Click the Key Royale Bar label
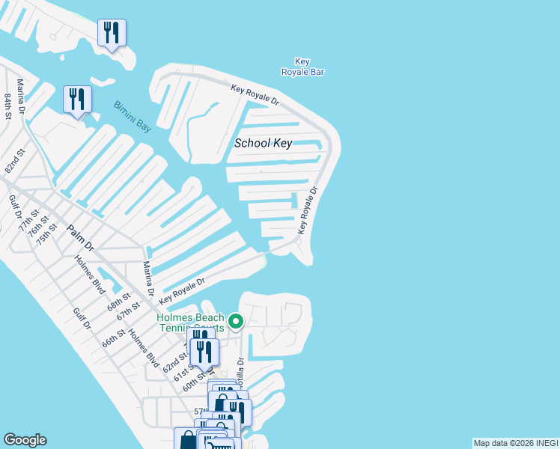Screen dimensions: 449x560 [302, 67]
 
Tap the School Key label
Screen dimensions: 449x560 [263, 144]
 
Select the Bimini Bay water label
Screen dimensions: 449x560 [133, 117]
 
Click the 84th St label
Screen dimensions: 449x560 [8, 106]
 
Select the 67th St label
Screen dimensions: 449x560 [128, 311]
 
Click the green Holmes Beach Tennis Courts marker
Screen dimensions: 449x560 [236, 322]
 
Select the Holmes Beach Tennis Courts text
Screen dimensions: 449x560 [190, 323]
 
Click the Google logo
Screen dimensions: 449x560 [25, 440]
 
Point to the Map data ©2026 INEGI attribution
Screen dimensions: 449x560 [514, 443]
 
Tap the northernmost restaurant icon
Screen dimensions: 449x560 [112, 33]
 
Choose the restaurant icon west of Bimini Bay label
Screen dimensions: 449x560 [77, 100]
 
